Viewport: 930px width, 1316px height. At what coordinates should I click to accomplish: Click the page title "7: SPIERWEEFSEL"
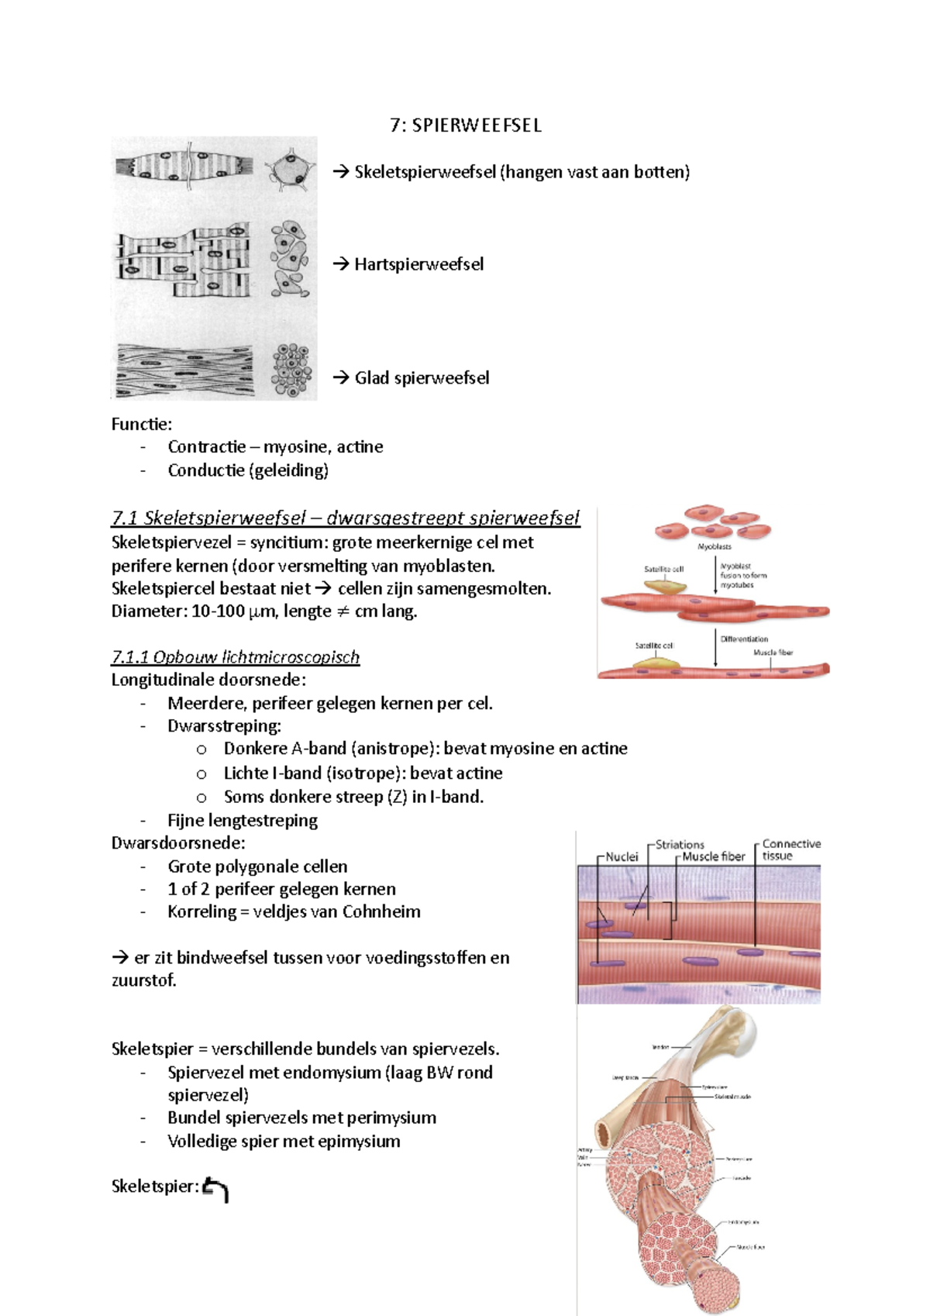click(x=466, y=126)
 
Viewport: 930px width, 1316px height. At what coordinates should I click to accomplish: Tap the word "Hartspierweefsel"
click(x=418, y=264)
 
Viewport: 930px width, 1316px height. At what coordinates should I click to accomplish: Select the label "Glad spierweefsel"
click(x=422, y=378)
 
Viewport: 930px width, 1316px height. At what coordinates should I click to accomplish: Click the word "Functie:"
click(x=142, y=424)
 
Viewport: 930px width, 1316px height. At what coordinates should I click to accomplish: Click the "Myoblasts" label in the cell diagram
click(x=715, y=547)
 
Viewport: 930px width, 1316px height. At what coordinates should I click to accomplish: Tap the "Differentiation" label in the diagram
click(x=744, y=639)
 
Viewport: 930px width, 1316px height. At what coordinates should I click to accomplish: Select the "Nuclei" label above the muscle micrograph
click(x=622, y=856)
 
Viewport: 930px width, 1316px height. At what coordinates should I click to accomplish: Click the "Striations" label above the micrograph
click(x=680, y=844)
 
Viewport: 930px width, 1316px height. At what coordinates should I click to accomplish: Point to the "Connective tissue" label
click(x=790, y=849)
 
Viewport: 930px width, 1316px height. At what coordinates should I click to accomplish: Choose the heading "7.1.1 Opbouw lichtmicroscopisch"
click(x=236, y=657)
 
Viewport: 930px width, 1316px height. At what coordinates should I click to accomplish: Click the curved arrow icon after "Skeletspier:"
click(x=215, y=1189)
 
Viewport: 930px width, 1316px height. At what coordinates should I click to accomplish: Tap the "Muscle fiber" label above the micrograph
click(x=714, y=856)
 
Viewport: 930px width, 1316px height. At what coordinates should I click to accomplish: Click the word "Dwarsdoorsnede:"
click(x=178, y=843)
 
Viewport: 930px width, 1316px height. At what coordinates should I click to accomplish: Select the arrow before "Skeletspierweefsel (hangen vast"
click(x=341, y=172)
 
